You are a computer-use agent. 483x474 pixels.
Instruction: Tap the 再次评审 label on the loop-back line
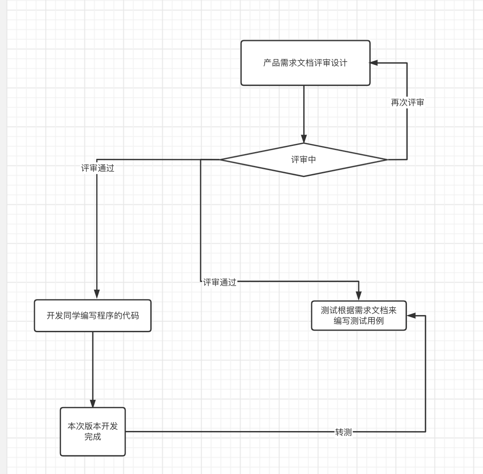point(407,103)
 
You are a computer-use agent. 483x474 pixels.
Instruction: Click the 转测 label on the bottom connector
point(343,432)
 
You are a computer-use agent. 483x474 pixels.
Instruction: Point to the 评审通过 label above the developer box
point(98,168)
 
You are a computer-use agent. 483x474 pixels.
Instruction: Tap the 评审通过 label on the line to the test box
point(220,282)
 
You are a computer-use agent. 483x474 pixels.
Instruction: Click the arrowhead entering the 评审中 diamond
point(304,139)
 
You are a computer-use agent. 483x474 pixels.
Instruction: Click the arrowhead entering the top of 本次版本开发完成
point(93,403)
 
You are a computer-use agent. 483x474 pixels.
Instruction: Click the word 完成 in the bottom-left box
point(93,437)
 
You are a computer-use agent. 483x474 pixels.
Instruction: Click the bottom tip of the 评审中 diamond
point(304,176)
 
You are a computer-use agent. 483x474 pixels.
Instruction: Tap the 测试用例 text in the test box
point(367,321)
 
